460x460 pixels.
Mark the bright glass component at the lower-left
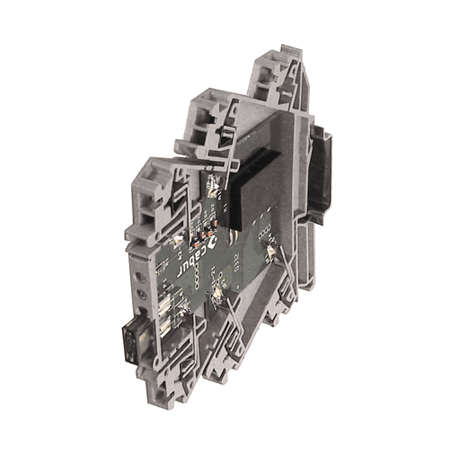coord(169,311)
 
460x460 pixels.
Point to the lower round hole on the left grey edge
coord(142,295)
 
